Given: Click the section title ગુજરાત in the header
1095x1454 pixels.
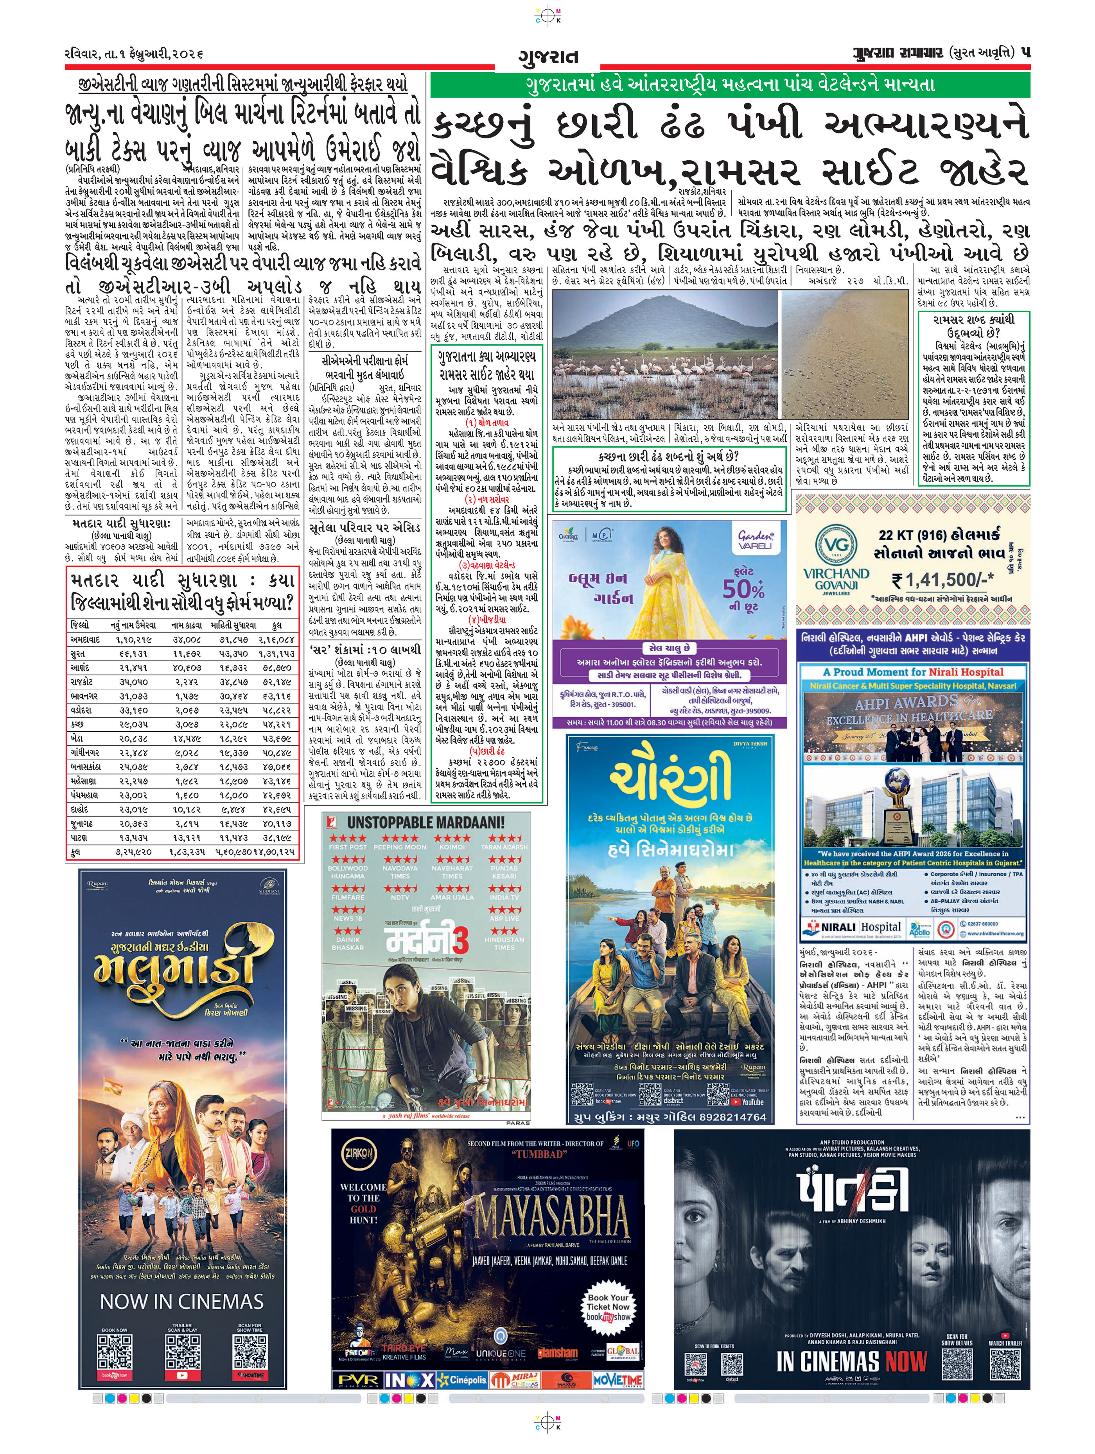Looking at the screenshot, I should click(x=548, y=57).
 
